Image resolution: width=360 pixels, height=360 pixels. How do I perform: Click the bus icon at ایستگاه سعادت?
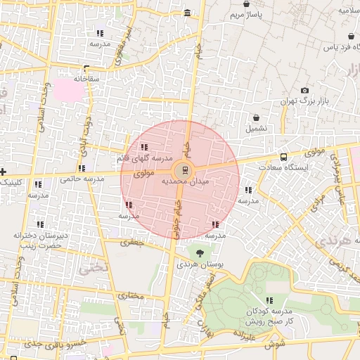coord(283,157)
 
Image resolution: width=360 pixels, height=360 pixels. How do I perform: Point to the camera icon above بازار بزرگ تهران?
coord(304,91)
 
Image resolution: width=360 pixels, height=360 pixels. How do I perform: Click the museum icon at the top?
coord(186,13)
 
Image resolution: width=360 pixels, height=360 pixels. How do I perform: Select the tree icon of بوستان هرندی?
coord(201,252)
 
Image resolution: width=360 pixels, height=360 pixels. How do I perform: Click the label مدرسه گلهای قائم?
coord(143,159)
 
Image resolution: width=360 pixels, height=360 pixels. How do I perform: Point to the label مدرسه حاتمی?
coord(82,179)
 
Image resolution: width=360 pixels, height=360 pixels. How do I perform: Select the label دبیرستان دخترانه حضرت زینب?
coord(44,240)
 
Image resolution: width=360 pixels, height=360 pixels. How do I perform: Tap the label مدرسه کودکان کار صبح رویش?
coord(271,316)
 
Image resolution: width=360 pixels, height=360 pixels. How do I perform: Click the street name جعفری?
coord(131,243)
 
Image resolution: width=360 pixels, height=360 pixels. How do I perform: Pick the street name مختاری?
coord(131,296)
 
